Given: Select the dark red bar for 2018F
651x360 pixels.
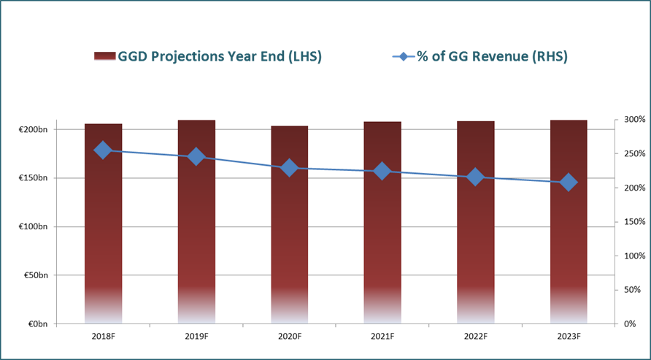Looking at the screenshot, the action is click(x=104, y=223).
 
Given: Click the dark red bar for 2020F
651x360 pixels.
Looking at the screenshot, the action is click(x=290, y=225).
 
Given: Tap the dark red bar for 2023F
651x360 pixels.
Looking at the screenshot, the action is click(x=569, y=222).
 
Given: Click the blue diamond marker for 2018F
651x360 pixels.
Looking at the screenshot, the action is click(x=103, y=150).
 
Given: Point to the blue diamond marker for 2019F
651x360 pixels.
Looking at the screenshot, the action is click(x=196, y=157).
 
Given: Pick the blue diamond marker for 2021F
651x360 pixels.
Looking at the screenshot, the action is click(x=382, y=171).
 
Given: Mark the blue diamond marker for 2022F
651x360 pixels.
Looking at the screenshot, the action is click(x=475, y=177).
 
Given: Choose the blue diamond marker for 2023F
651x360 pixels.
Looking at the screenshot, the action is click(x=568, y=183).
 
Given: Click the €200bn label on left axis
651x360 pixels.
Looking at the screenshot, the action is click(x=34, y=129).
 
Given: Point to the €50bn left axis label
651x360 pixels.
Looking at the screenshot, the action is click(x=35, y=275).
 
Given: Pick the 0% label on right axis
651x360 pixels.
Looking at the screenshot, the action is click(x=630, y=324).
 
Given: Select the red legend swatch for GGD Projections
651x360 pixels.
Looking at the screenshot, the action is click(x=105, y=56).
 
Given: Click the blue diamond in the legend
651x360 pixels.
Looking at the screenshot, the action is click(x=404, y=56).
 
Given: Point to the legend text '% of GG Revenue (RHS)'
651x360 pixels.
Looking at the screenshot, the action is click(x=492, y=56).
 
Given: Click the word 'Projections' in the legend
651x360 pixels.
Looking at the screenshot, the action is click(x=191, y=57).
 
